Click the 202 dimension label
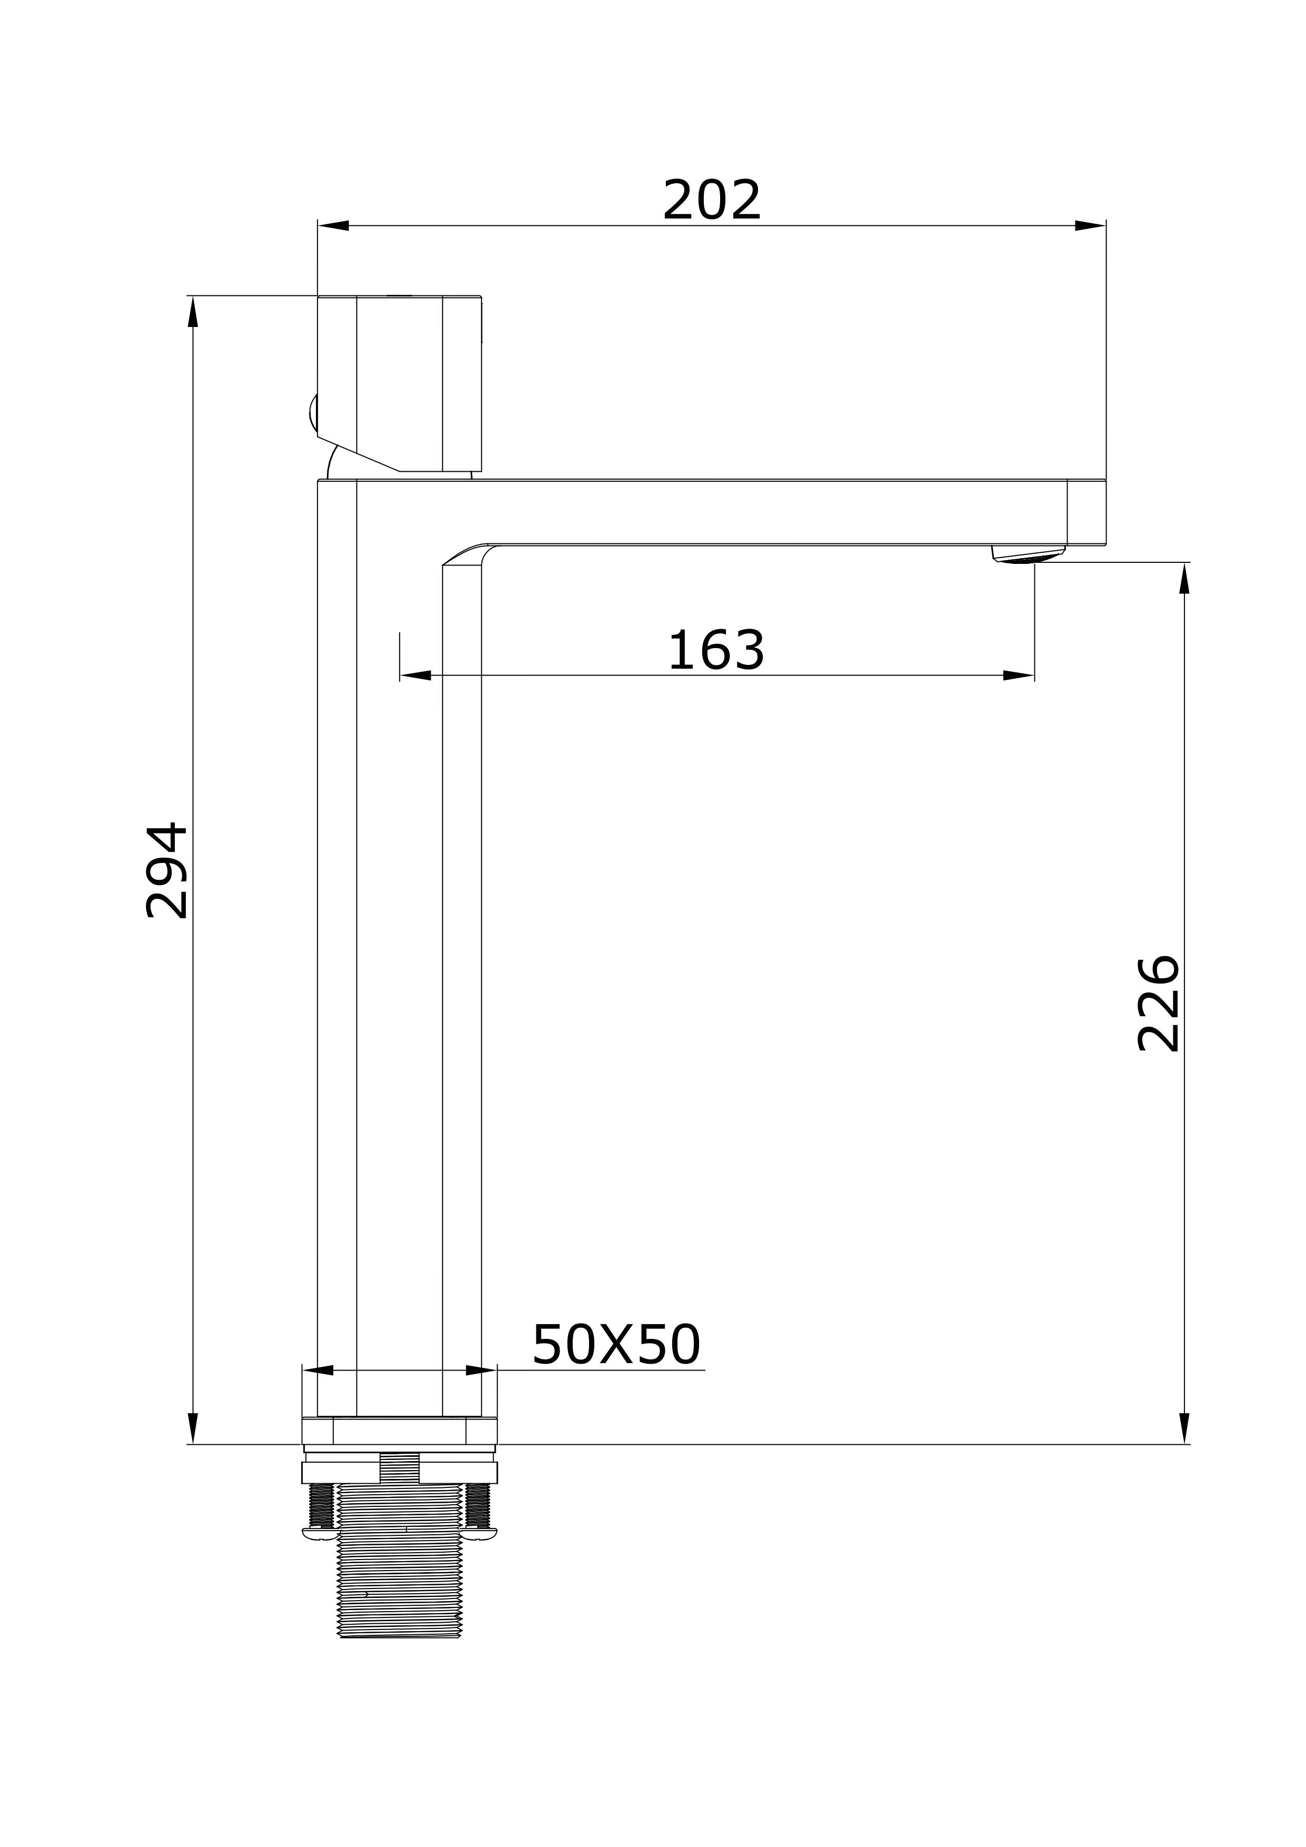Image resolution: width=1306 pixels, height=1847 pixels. point(712,200)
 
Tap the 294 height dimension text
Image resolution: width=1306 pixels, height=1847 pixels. point(166,870)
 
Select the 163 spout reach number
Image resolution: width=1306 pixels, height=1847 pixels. point(716,650)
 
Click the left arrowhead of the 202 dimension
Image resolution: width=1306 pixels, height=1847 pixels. point(334,225)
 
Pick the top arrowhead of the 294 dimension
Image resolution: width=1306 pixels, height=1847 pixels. point(193,312)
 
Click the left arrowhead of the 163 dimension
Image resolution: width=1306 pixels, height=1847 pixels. point(416,675)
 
